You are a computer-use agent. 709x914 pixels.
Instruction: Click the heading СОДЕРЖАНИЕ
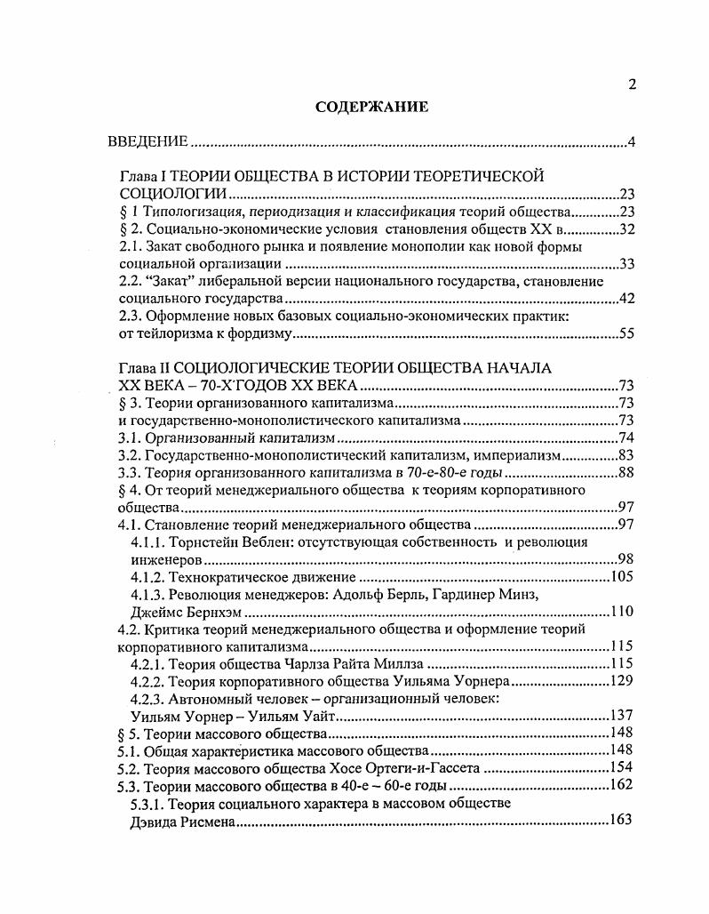point(371,108)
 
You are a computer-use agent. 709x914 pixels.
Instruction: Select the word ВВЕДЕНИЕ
point(147,142)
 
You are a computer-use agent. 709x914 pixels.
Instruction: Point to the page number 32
point(625,228)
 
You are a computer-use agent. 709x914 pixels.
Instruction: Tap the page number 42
point(625,299)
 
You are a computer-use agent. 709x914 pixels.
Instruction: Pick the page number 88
point(625,472)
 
